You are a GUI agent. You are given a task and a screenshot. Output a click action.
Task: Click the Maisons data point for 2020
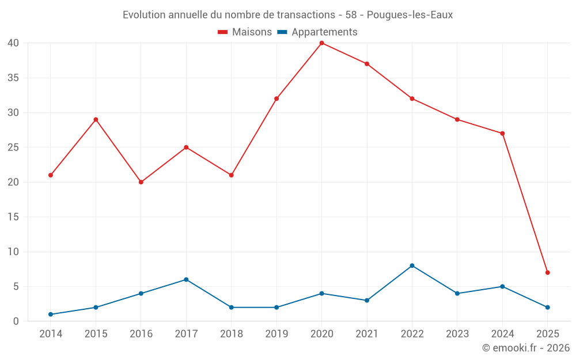click(x=321, y=43)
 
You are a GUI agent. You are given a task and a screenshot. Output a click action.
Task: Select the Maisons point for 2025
click(x=547, y=272)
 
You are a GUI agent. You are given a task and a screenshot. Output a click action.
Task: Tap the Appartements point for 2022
click(x=412, y=266)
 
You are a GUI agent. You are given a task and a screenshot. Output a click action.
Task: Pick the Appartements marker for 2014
click(x=51, y=314)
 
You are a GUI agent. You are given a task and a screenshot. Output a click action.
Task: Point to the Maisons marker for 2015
click(x=96, y=119)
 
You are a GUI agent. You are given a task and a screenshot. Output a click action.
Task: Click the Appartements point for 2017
click(x=186, y=279)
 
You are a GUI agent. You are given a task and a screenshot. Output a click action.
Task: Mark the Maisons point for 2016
click(x=141, y=182)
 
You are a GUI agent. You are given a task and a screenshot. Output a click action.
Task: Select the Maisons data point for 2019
click(x=276, y=98)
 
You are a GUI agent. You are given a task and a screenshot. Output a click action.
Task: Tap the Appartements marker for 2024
click(x=502, y=286)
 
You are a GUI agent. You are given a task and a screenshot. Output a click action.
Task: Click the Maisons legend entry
click(x=245, y=32)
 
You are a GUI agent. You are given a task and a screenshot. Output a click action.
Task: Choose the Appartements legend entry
click(x=317, y=32)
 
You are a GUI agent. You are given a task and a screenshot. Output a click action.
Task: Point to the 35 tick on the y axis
click(x=13, y=78)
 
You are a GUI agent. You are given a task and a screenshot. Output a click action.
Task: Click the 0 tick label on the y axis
click(x=16, y=321)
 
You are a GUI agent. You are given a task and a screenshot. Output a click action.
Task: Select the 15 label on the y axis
click(x=13, y=217)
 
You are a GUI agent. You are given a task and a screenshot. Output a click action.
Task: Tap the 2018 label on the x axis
click(x=231, y=334)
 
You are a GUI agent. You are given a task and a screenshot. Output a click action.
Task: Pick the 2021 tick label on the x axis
click(x=367, y=334)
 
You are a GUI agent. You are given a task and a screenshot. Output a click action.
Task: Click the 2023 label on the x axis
click(x=457, y=334)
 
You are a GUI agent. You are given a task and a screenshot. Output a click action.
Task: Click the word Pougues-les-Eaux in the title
click(x=410, y=15)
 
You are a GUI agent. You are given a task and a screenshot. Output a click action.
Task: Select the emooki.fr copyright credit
click(x=526, y=348)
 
